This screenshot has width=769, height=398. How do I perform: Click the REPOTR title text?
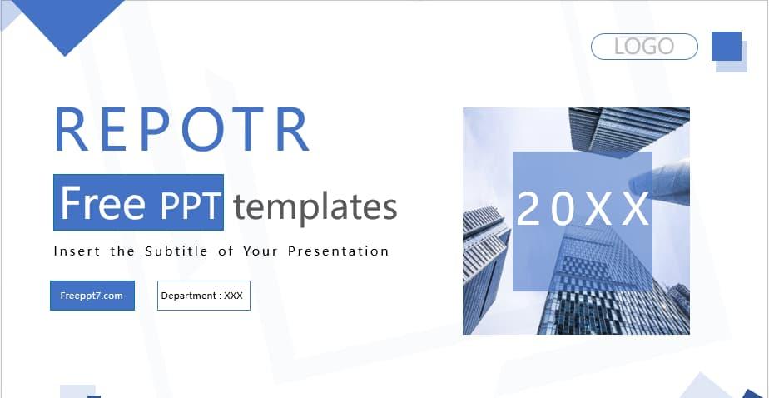coord(181,129)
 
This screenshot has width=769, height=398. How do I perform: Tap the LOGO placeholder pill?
coord(644,47)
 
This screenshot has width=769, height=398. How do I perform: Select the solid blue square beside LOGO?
coord(726,46)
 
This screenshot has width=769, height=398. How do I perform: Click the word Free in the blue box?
coord(102,204)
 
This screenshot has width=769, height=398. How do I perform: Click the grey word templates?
coord(315,206)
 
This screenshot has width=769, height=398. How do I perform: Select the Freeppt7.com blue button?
coord(92,296)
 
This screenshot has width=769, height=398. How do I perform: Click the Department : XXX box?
coord(203,296)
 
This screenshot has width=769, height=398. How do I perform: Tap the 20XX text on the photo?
coord(582,210)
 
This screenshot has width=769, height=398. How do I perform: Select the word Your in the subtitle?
coord(260,251)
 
